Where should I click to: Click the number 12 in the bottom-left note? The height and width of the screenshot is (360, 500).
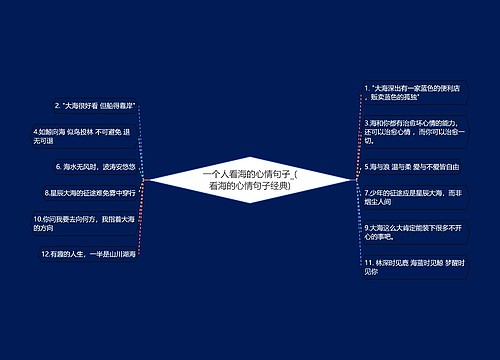click(x=46, y=254)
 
